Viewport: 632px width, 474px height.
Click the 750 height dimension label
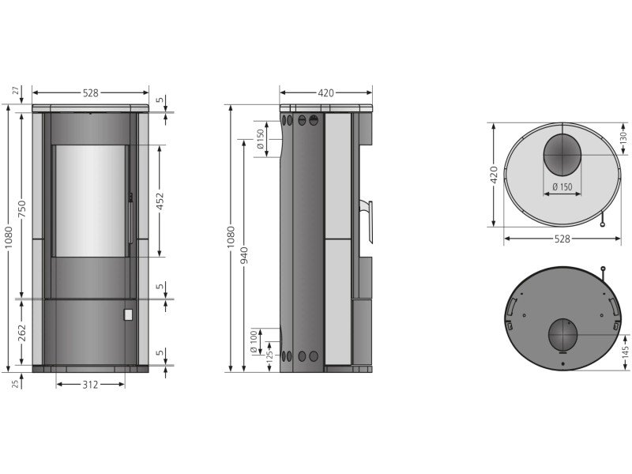[22, 209]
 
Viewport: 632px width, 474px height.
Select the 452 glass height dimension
[160, 201]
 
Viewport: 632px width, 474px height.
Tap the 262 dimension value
[22, 333]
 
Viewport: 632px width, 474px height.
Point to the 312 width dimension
[90, 385]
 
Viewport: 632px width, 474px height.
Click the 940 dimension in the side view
[244, 256]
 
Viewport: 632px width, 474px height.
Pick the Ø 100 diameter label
[254, 342]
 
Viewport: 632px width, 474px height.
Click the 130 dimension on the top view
[624, 137]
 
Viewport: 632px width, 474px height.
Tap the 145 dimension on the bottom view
[625, 352]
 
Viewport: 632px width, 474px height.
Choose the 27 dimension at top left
[16, 90]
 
